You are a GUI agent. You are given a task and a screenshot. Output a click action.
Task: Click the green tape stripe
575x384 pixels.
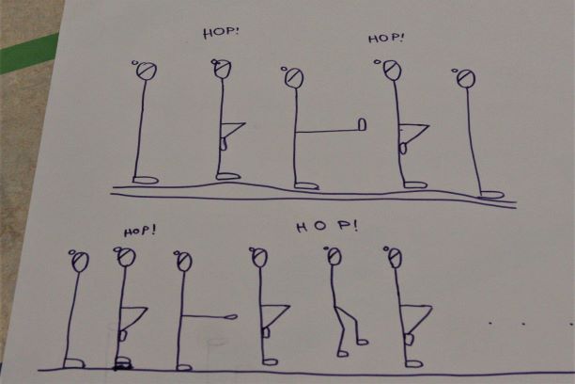pos(28,54)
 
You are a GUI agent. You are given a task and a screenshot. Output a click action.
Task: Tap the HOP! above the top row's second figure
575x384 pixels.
pos(221,32)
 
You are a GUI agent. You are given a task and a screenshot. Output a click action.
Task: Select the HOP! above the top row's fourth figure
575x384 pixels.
pos(386,39)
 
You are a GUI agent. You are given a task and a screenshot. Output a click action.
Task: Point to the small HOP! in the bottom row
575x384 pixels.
pos(140,232)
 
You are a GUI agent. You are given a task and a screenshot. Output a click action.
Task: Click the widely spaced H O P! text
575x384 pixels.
pos(327,226)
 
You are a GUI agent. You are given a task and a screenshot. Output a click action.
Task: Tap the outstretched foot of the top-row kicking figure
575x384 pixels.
pos(362,124)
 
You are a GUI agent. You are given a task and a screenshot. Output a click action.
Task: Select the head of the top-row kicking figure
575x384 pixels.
pos(294,78)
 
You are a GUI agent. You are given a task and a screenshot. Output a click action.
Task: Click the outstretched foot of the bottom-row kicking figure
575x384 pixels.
pos(231,316)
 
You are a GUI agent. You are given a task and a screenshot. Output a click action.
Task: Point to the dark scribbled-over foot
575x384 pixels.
pos(123,363)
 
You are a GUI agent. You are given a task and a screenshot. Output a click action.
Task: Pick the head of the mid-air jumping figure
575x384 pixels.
pos(334,256)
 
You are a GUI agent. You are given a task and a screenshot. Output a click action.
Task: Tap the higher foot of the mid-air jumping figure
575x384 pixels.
pos(362,342)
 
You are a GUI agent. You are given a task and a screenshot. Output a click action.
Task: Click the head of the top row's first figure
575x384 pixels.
pos(147,71)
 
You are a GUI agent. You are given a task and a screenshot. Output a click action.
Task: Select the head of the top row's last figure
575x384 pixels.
pos(466,78)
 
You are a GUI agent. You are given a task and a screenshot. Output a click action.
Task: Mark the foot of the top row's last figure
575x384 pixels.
pos(491,195)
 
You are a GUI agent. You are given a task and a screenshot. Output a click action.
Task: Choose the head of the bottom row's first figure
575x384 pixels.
pos(80,262)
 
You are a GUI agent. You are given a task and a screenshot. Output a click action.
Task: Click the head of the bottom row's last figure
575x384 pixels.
pos(396,258)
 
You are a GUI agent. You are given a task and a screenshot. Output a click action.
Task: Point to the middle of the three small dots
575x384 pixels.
pos(523,324)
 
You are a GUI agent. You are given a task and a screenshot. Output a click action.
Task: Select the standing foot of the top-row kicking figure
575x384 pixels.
pos(306,186)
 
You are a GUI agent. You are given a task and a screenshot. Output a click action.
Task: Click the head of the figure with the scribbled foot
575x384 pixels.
pos(126,257)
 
